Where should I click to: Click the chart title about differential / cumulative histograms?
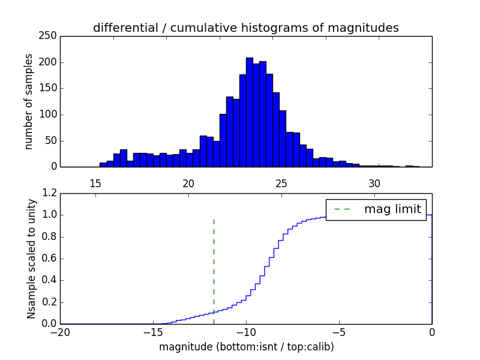coord(245,28)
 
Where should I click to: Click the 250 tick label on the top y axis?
coord(50,36)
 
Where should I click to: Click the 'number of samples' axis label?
coord(29,101)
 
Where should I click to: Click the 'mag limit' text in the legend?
coord(392,209)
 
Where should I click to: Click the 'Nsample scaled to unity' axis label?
coord(31,259)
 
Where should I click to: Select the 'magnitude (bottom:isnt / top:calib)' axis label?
coord(246,347)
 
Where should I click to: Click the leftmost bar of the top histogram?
coord(103,164)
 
